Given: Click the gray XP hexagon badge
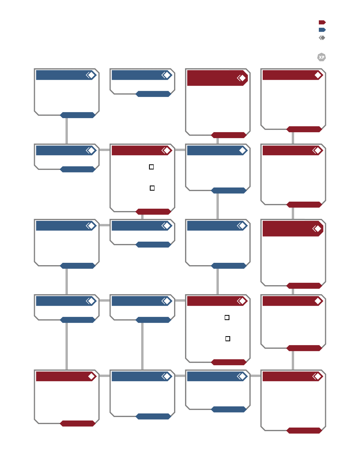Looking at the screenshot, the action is coord(322,57).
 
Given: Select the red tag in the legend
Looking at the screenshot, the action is coord(322,22).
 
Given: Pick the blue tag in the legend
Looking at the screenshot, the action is coord(322,30).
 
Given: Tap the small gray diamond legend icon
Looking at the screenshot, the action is coord(322,38).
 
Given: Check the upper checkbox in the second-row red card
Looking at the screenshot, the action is coord(151,167).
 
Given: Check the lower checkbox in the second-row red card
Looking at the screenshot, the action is coord(152,188).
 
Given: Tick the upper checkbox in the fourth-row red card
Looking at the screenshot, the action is coord(227,318).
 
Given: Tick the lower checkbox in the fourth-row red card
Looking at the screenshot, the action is coord(228,339).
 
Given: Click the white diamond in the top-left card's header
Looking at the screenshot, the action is coord(91,75).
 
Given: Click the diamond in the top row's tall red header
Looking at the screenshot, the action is coord(243,78).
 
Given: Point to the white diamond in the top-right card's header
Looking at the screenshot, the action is coord(318,75).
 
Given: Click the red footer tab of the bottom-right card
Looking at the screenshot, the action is coord(304,431).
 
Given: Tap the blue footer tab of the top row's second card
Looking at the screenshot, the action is coord(153,94).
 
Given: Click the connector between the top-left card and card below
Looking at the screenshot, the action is coord(67,131).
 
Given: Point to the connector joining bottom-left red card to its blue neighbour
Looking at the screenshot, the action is coord(105,376).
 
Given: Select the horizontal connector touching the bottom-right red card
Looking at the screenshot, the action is coord(255,376).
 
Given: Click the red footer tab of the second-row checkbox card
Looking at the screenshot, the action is coord(153,211).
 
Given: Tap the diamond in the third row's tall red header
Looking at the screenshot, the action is coord(318,229).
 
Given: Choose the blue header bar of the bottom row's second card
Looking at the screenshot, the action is coord(142,377).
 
